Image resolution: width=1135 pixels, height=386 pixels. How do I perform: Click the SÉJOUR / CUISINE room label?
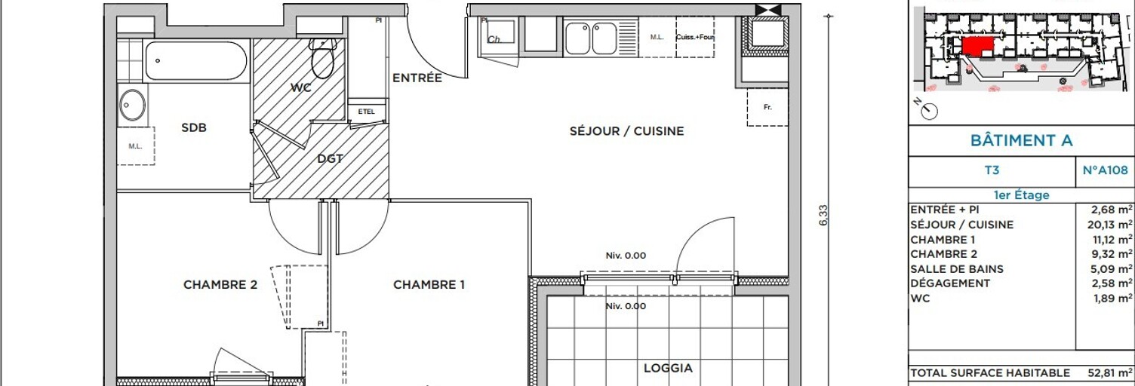click(x=626, y=131)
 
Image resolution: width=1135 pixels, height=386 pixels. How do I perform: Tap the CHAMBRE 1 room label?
click(x=429, y=285)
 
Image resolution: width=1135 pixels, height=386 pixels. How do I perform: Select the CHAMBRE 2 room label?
click(x=220, y=285)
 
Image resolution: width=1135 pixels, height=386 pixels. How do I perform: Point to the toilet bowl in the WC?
click(x=323, y=62)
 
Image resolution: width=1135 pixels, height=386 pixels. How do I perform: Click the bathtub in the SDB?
click(x=196, y=61)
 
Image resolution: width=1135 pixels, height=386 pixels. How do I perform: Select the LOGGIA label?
click(x=668, y=369)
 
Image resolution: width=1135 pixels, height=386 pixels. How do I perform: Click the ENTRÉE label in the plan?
click(x=417, y=78)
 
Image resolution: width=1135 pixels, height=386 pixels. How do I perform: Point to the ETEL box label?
click(x=366, y=112)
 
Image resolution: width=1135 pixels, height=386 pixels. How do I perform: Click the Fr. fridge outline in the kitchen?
click(x=767, y=107)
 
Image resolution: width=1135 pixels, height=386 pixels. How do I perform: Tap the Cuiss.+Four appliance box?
click(x=695, y=38)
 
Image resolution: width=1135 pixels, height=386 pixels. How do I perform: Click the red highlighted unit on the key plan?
click(x=977, y=45)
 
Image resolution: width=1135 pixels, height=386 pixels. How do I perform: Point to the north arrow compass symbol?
click(x=929, y=110)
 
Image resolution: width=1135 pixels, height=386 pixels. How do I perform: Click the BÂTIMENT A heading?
click(x=1020, y=141)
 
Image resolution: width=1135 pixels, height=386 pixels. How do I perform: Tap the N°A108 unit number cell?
click(x=1105, y=171)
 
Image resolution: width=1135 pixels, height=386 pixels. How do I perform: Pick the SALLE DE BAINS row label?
click(x=957, y=269)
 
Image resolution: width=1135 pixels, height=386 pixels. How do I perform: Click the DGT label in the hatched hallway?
click(x=330, y=159)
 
